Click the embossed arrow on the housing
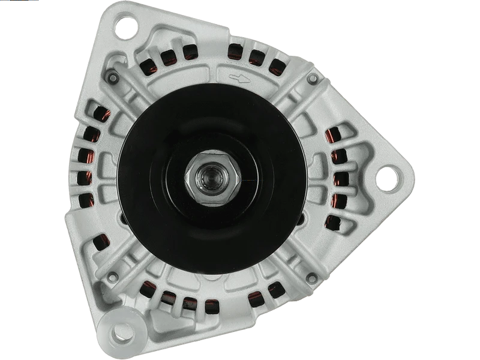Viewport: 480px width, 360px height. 238,77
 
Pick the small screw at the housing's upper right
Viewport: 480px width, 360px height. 311,79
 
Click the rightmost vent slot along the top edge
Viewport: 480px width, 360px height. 277,65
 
